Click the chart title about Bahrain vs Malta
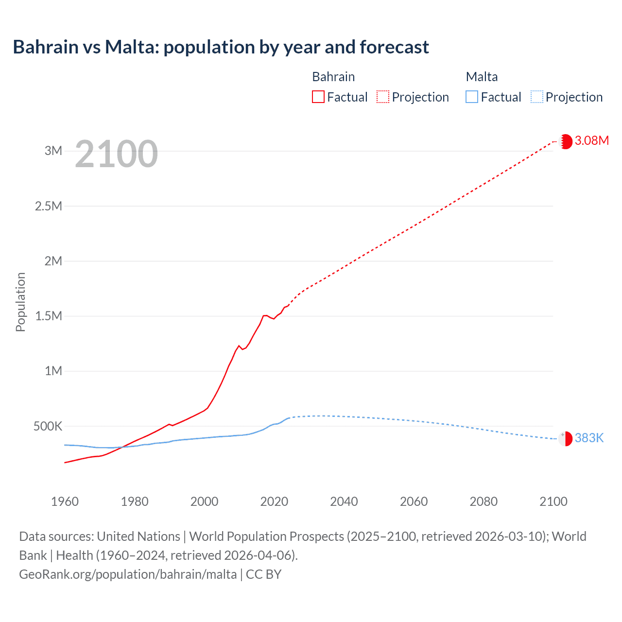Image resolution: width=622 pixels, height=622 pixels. point(221,47)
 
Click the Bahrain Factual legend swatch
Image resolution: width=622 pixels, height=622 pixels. point(318,97)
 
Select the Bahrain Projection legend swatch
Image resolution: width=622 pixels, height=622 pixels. point(383,97)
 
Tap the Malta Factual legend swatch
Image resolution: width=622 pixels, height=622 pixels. point(471,97)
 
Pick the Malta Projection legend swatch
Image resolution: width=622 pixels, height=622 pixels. point(536,97)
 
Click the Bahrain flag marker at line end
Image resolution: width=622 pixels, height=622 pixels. point(566,141)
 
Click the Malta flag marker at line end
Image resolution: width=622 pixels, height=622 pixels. point(566,439)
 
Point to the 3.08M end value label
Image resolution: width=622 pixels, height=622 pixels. point(591,141)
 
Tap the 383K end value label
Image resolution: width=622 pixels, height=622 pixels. point(589,438)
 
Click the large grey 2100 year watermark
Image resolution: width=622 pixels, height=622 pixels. point(116,154)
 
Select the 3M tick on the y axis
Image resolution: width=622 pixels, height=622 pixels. point(53,151)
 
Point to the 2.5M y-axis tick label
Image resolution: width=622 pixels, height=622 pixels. point(49,206)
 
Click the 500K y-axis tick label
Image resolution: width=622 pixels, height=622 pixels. point(48,427)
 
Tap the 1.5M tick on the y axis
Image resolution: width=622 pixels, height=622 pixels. point(49,316)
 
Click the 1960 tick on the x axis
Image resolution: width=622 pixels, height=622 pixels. point(65,501)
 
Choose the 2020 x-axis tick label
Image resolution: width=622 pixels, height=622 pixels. point(274,501)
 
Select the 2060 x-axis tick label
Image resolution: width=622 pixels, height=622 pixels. point(414,501)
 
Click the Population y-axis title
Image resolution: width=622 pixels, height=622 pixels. point(20,302)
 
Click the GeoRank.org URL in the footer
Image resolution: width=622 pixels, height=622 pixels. point(128,574)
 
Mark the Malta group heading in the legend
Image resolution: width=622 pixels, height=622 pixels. point(482,77)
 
